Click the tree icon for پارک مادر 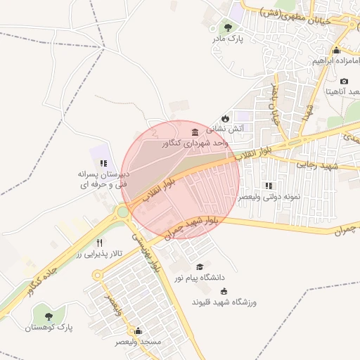[227, 27]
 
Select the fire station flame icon [225, 118]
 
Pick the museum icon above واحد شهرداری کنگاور [195, 131]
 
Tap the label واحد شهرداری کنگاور [196, 143]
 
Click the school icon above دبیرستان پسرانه [103, 162]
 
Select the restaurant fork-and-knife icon [109, 243]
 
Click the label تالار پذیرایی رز [99, 253]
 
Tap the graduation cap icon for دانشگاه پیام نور [200, 267]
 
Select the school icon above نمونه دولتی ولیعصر [269, 186]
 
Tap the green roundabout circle [123, 212]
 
